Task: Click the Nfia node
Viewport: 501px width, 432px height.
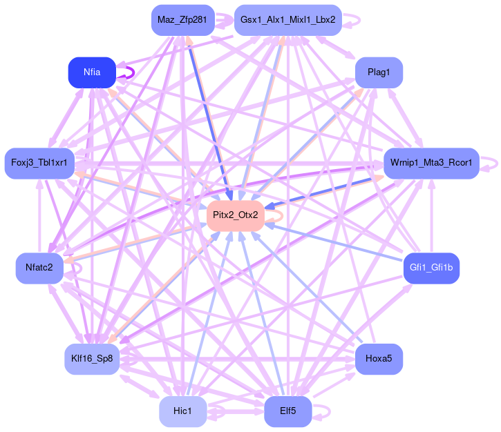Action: (92, 72)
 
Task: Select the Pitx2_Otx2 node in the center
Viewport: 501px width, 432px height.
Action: (236, 215)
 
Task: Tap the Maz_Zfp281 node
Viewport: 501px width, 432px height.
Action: (182, 19)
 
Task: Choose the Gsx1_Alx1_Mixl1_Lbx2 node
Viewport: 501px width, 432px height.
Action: (287, 19)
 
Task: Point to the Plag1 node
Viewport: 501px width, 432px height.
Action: (379, 72)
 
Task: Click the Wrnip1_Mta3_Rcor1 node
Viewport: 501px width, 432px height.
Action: (431, 163)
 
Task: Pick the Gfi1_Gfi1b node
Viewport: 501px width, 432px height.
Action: (431, 267)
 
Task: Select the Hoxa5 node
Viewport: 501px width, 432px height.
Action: (379, 359)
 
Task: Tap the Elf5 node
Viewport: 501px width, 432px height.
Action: (287, 411)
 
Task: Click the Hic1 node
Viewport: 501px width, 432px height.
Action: (182, 411)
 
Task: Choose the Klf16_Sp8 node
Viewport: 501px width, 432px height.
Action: (92, 359)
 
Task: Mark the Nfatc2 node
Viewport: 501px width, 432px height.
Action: (39, 267)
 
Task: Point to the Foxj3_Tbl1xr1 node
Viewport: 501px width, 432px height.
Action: (39, 163)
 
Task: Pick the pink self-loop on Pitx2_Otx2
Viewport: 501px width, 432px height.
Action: (278, 215)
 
